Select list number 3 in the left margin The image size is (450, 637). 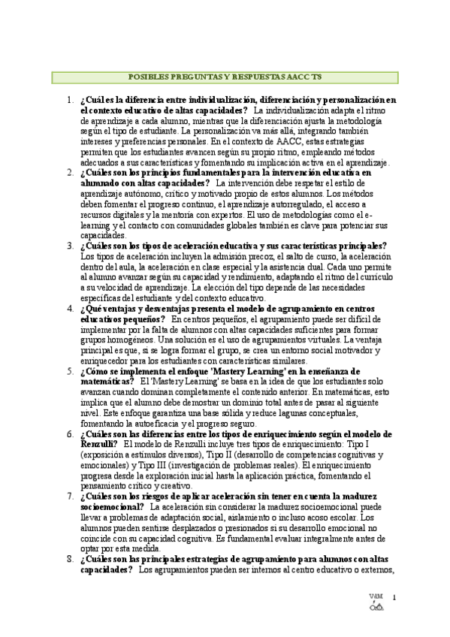69,246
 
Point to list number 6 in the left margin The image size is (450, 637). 69,434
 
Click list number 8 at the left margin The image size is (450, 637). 69,559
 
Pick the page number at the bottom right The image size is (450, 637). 394,597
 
